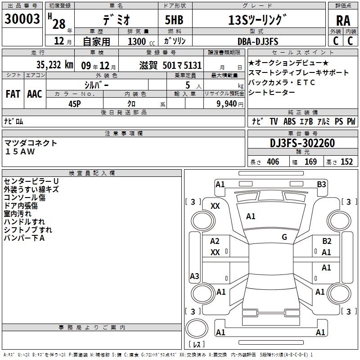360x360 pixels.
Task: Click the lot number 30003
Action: pos(22,19)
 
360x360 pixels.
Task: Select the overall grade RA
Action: pos(343,21)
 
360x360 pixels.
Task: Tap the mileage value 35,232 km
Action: pos(54,65)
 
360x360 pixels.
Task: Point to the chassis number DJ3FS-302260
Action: pos(302,143)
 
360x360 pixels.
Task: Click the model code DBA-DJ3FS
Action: pos(258,41)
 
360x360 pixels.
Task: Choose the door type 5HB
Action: pos(174,20)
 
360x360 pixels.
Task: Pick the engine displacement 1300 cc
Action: pos(141,41)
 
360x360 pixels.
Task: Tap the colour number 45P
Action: pos(75,104)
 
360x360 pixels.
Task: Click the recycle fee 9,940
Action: pos(227,104)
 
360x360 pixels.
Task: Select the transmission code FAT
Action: pos(13,94)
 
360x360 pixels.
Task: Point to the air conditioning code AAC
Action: pos(35,94)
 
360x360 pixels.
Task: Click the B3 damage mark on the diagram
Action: pos(321,184)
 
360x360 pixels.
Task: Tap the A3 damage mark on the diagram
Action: pos(194,276)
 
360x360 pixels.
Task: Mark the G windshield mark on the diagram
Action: pos(284,237)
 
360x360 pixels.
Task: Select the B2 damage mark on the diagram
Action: pos(327,241)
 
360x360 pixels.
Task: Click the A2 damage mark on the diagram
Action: pos(215,241)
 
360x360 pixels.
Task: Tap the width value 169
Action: pos(310,162)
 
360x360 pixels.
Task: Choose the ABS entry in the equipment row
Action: pos(289,121)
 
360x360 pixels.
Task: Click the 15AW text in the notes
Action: pos(20,152)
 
